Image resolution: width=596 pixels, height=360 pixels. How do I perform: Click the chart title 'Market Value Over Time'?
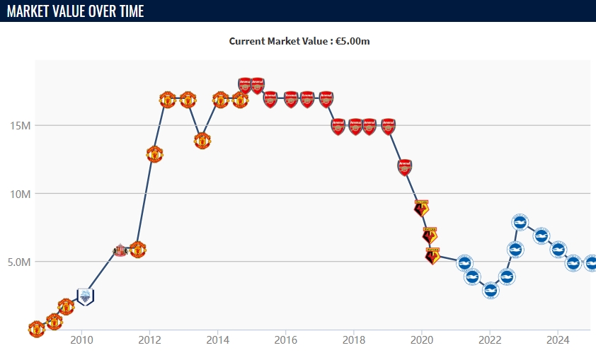coord(76,11)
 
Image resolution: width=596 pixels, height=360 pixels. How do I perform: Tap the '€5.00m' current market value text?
coord(353,41)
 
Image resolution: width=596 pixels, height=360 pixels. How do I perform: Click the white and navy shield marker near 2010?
coord(85,297)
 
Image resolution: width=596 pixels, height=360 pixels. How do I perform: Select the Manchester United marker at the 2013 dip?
coord(202,140)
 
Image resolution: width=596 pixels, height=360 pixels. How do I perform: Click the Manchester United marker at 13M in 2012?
coord(154,153)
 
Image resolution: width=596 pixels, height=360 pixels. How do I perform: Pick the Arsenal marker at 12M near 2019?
coord(404,167)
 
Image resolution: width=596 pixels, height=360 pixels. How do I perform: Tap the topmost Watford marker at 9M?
coord(421,207)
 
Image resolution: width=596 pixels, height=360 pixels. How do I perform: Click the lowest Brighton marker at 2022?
coord(491,290)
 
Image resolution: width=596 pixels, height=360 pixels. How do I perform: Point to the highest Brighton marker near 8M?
coord(520,223)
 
